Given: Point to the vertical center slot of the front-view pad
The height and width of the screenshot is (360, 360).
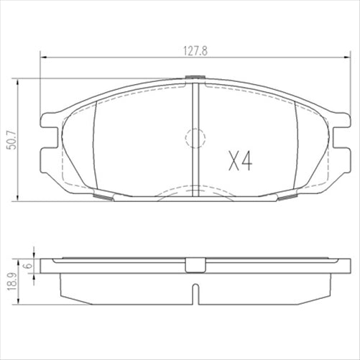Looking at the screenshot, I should tap(195, 137).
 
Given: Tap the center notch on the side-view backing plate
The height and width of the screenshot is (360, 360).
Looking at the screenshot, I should tap(195, 265).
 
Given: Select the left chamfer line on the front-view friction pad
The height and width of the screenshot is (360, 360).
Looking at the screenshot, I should tap(95, 144).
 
